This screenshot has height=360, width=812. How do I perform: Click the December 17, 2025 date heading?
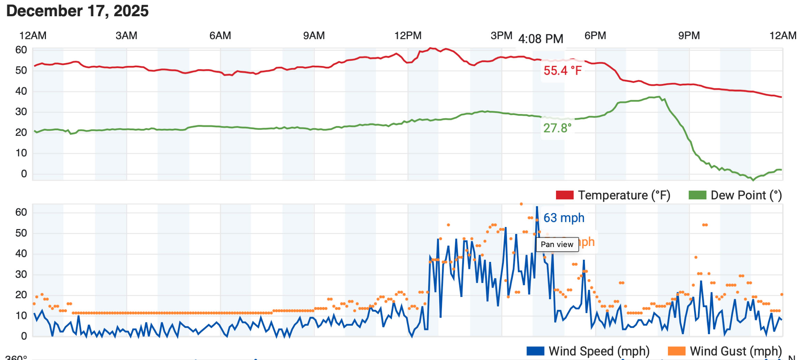click(x=77, y=11)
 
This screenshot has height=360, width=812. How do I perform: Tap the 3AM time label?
click(x=126, y=36)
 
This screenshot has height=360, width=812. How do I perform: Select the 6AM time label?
click(x=220, y=36)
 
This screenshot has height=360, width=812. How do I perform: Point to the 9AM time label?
click(x=314, y=36)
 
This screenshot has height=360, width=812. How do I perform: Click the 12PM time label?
click(x=408, y=36)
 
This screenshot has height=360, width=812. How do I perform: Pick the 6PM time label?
click(x=595, y=36)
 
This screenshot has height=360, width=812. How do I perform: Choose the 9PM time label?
click(x=689, y=36)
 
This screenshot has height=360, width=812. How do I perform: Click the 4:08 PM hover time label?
click(x=541, y=39)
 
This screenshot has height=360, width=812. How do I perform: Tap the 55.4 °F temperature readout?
click(x=563, y=71)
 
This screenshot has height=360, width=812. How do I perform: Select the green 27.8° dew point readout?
click(x=557, y=128)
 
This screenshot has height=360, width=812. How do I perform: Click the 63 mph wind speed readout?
click(x=564, y=218)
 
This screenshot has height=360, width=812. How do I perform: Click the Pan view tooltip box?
click(x=557, y=245)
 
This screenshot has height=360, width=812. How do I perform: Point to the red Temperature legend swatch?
click(x=565, y=195)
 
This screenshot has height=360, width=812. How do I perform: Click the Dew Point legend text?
click(x=746, y=195)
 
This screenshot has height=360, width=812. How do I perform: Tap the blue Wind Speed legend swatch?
click(x=535, y=351)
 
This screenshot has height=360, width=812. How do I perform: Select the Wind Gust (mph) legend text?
click(x=736, y=351)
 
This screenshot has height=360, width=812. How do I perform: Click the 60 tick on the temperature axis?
click(x=21, y=50)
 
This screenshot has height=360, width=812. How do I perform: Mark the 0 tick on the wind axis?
click(x=24, y=336)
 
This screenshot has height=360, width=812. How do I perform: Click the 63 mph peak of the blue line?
click(x=537, y=207)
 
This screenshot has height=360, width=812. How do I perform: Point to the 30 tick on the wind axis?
click(x=21, y=274)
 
